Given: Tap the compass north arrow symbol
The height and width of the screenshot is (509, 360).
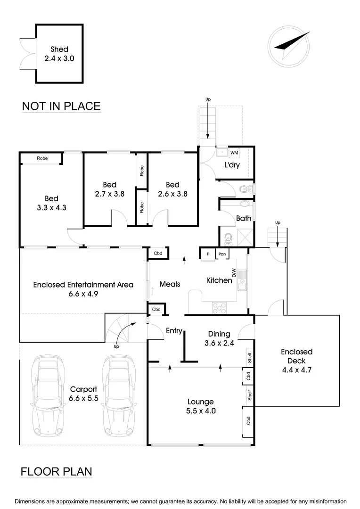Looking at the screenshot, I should (x=290, y=44).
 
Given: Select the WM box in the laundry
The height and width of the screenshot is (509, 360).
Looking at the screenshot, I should (x=234, y=153).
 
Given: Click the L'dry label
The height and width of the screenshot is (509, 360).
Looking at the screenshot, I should (x=232, y=165).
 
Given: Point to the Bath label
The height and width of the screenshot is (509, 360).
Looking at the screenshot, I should (x=244, y=218).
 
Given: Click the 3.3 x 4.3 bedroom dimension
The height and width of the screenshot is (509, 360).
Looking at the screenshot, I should (x=52, y=207).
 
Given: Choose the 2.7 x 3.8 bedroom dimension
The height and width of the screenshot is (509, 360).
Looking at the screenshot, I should (x=109, y=193).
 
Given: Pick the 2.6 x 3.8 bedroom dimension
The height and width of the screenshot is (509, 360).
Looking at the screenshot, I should (x=172, y=193).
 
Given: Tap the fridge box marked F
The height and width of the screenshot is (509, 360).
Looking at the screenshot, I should (x=207, y=254).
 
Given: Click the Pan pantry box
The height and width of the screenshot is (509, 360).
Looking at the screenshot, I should (x=222, y=254).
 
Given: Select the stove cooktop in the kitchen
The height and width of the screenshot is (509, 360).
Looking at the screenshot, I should (x=220, y=308).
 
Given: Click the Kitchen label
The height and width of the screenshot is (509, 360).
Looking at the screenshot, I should (x=219, y=280).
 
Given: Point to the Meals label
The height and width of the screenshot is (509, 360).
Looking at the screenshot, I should (x=170, y=284).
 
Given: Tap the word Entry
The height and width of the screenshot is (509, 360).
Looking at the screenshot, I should (x=174, y=331).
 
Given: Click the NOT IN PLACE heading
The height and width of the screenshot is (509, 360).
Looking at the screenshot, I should (x=61, y=106).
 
